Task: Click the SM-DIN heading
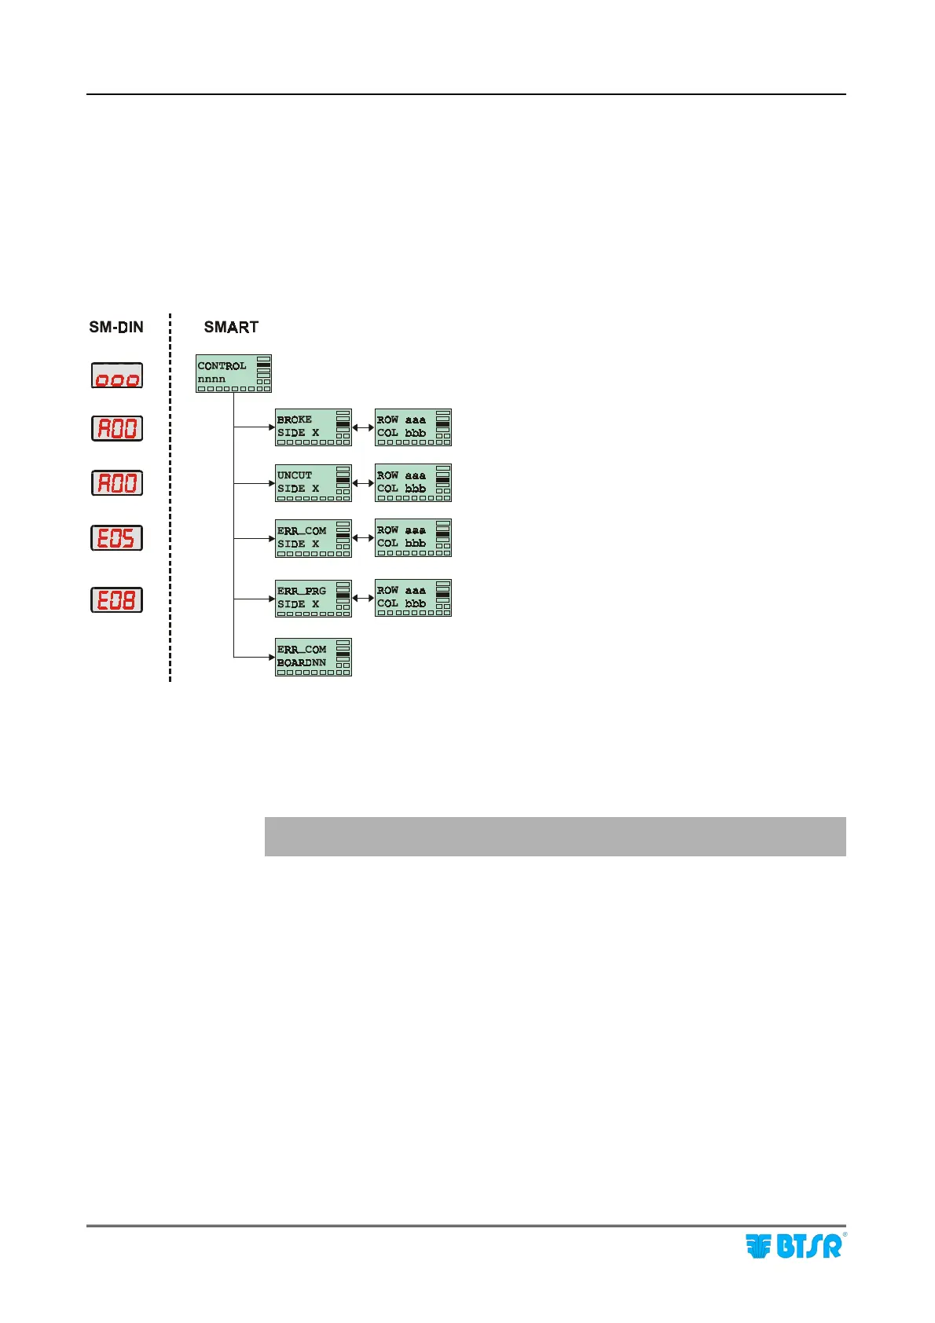click(116, 327)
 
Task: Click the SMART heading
click(231, 327)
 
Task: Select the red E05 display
click(116, 538)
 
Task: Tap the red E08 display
click(116, 599)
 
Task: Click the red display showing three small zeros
click(116, 376)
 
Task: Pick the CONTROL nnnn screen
click(233, 373)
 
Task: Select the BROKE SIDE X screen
click(313, 427)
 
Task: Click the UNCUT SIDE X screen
click(313, 483)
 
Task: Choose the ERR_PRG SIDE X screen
click(313, 598)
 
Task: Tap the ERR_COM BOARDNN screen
click(313, 657)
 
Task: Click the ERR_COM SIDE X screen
click(313, 538)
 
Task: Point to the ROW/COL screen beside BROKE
click(413, 427)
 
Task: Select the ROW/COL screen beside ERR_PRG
click(413, 598)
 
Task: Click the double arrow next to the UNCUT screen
click(363, 483)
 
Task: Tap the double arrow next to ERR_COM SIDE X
click(363, 538)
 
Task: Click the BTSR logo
click(794, 1245)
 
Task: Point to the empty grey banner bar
click(555, 836)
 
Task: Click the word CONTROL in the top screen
click(222, 366)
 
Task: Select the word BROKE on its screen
click(295, 420)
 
